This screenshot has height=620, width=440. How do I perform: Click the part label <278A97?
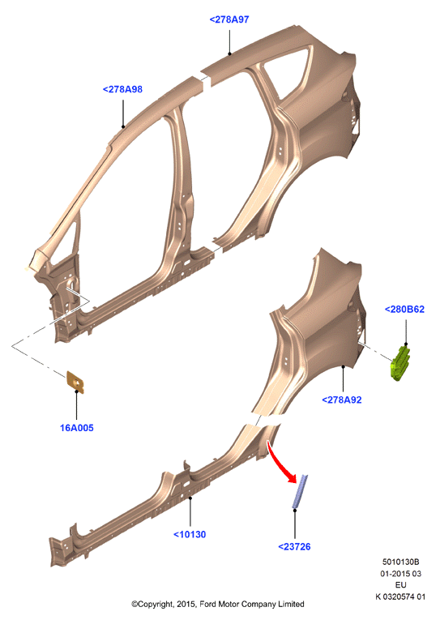tap(229, 19)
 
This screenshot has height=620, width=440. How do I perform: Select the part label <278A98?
tap(122, 89)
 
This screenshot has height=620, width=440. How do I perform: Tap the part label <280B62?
tap(404, 310)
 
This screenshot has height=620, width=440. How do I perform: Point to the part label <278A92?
tap(342, 400)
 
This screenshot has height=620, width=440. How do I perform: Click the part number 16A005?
tap(77, 428)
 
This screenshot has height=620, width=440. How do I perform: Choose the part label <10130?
tap(190, 535)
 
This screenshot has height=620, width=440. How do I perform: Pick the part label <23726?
tap(294, 547)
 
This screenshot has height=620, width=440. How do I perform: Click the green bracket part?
tap(400, 363)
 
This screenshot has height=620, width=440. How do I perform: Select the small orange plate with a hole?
tap(75, 383)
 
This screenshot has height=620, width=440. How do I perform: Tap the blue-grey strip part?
tap(300, 491)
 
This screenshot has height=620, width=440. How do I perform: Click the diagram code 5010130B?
tap(400, 562)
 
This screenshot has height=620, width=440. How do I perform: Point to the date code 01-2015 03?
tap(400, 573)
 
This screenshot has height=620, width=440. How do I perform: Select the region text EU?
tap(400, 585)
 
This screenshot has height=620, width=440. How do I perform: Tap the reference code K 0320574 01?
tap(400, 596)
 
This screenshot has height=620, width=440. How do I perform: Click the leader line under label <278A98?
tap(123, 113)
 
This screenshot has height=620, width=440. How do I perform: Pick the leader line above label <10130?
tap(190, 511)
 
